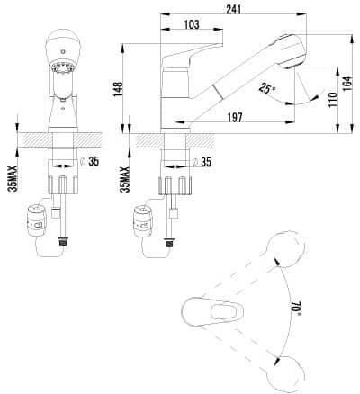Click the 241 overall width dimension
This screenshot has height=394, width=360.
pos(233,10)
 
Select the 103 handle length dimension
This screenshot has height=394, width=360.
pos(191,24)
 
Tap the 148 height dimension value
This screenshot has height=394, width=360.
pos(118,89)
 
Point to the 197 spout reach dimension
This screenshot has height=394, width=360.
pos(234,118)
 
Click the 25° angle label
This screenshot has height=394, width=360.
pos(267,88)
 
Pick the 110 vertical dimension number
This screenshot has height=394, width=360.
pos(333,100)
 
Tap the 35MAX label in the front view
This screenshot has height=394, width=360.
pos(13,179)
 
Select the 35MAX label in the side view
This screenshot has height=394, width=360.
pos(125,179)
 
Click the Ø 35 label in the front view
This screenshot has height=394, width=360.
pos(90,162)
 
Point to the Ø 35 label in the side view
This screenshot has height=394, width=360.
pos(202,162)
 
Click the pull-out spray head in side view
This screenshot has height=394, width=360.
pos(291,51)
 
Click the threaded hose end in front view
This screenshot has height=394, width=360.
pos(63,241)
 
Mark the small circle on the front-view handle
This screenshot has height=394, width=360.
pos(62,51)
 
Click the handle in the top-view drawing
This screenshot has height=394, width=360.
pos(212,313)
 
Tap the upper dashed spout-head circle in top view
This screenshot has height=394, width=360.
pos(285,249)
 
